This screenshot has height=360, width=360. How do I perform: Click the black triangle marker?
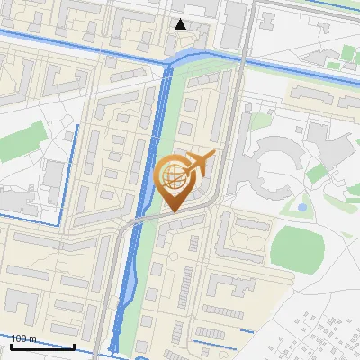pos(181,24)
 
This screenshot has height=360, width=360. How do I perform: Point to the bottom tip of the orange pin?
pos(172,212)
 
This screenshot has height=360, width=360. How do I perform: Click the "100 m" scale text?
pos(23,338)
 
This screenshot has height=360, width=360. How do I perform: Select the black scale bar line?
pos(42,346)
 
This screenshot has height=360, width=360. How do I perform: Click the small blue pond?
pos(301,207)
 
